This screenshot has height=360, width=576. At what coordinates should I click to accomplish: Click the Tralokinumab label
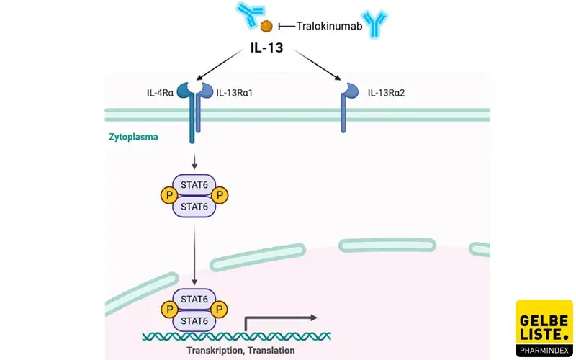click(328, 26)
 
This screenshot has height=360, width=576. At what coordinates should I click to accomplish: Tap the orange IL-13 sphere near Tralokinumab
click(266, 27)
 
